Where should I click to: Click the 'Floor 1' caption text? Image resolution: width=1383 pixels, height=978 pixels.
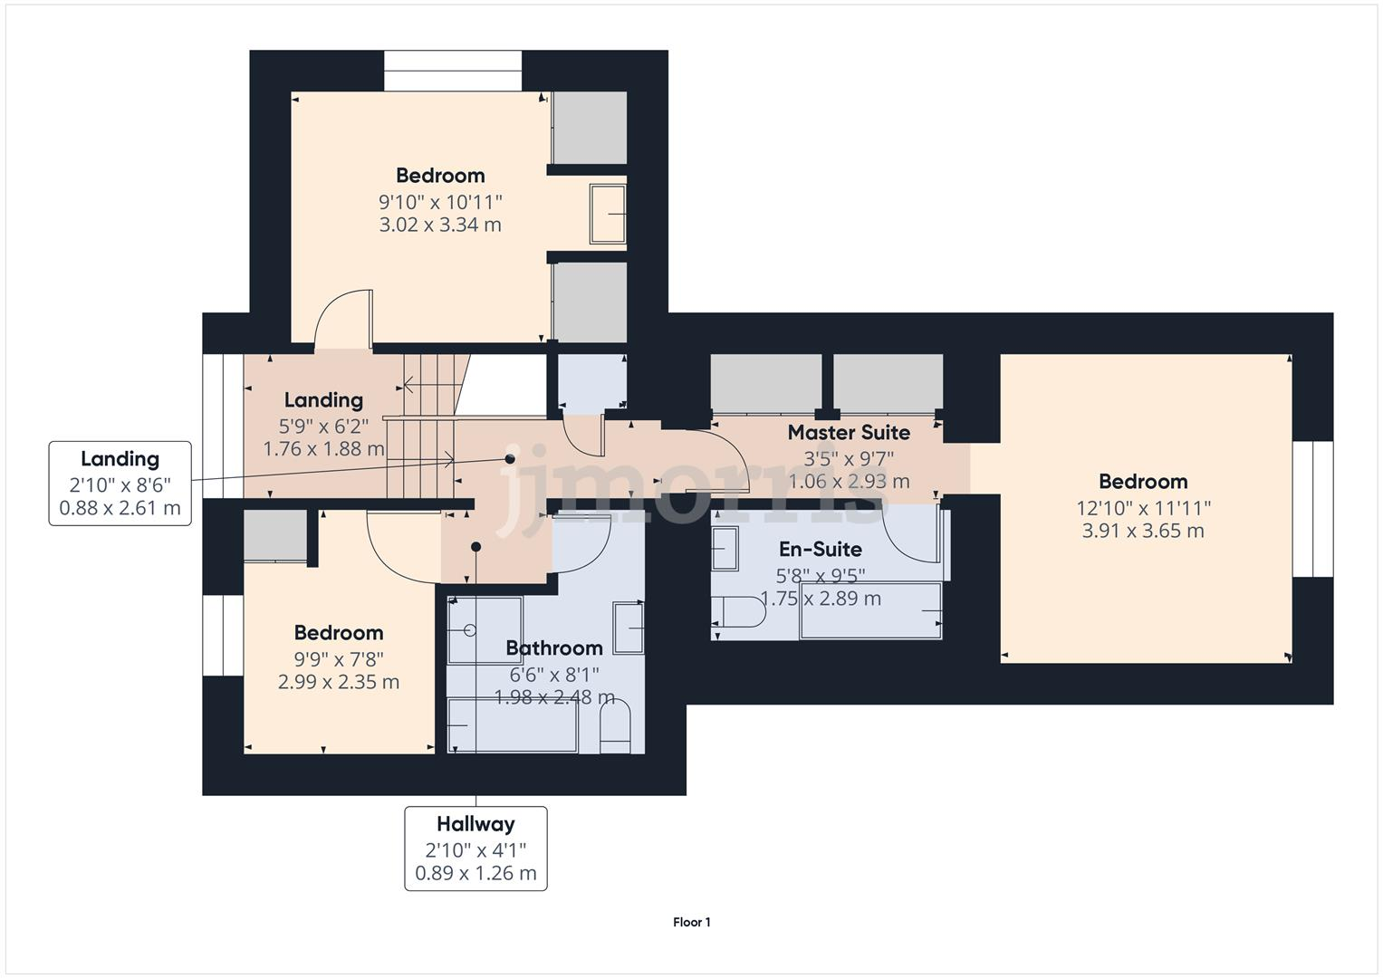click(x=691, y=922)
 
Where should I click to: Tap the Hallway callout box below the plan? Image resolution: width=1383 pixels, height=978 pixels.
click(x=475, y=849)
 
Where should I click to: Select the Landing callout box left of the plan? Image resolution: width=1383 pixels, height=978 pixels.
click(x=120, y=484)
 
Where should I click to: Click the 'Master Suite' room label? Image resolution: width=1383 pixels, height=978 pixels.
click(x=849, y=433)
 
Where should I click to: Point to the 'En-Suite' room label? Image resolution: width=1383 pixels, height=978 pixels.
click(x=820, y=550)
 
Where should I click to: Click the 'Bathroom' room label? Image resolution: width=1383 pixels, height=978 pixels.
click(x=553, y=648)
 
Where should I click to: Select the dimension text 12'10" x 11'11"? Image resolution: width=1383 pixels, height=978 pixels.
click(x=1144, y=508)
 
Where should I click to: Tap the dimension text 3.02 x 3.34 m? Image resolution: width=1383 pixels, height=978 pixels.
click(x=440, y=225)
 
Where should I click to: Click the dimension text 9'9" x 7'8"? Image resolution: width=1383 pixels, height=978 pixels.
click(x=338, y=658)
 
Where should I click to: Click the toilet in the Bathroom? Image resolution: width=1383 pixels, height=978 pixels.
click(x=615, y=728)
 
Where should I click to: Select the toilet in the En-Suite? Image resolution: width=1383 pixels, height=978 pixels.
click(x=739, y=612)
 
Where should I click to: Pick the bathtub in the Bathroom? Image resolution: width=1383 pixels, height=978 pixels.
click(x=513, y=725)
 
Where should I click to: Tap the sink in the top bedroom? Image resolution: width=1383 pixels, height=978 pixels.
click(x=608, y=214)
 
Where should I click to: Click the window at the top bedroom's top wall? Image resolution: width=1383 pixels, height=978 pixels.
click(x=453, y=71)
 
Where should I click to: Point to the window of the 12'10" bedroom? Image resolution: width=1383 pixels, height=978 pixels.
click(x=1311, y=509)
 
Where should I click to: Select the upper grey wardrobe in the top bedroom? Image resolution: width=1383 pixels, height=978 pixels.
click(x=590, y=128)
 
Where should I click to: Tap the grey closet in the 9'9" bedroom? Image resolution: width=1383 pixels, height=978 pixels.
click(x=275, y=535)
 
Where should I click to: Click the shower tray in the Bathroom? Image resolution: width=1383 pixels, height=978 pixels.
click(x=485, y=629)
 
